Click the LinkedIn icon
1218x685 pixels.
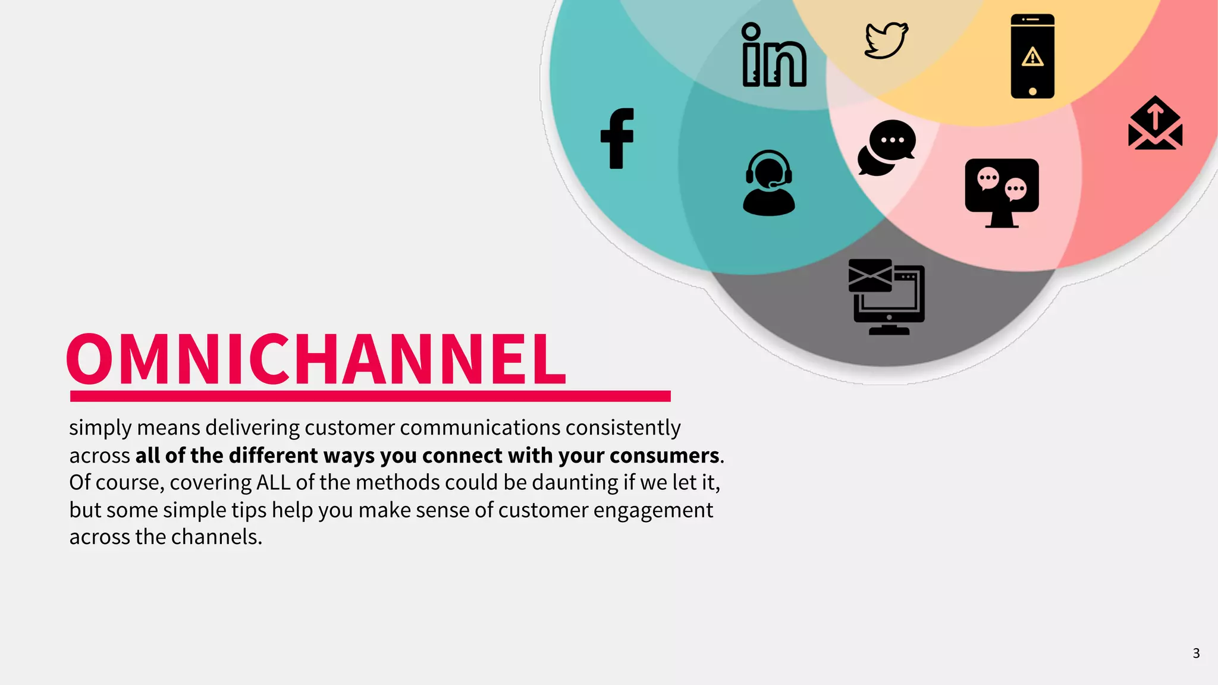pyautogui.click(x=774, y=56)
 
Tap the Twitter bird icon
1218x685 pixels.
pyautogui.click(x=886, y=40)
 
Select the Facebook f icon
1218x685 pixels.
pyautogui.click(x=617, y=139)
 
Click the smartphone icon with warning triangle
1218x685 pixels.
pyautogui.click(x=1032, y=56)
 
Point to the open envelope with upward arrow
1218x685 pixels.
pyautogui.click(x=1155, y=124)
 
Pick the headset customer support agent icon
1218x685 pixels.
pyautogui.click(x=768, y=183)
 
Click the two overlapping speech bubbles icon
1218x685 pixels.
pyautogui.click(x=886, y=148)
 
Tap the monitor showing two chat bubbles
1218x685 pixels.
pyautogui.click(x=1002, y=192)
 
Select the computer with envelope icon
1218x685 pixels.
pyautogui.click(x=887, y=297)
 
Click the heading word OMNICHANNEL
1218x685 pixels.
pyautogui.click(x=316, y=359)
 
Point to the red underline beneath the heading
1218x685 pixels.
pyautogui.click(x=370, y=396)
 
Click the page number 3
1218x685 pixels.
pyautogui.click(x=1196, y=653)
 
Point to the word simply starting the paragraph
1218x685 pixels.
pyautogui.click(x=100, y=428)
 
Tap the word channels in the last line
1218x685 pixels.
pyautogui.click(x=220, y=537)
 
